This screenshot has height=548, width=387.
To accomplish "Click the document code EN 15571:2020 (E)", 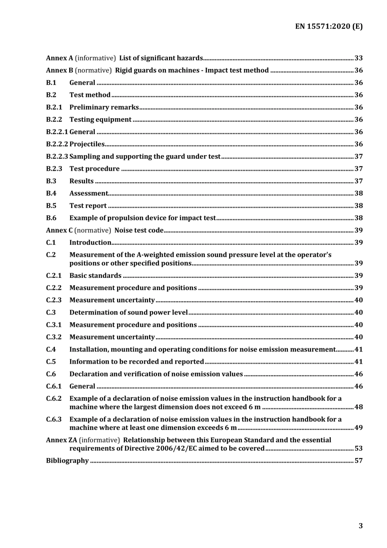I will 329,26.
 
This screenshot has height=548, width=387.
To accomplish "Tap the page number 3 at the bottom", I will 361,526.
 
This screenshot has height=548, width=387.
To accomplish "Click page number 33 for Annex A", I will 358,58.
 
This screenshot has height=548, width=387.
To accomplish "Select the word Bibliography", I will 67,461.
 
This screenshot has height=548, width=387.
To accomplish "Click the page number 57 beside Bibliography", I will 358,461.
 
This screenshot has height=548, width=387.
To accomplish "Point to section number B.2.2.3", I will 57,156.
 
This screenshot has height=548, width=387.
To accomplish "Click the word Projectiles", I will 87,144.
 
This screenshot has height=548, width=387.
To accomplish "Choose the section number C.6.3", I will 54,419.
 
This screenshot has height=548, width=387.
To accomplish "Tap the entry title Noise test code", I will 139,231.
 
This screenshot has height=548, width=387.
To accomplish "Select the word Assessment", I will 89,194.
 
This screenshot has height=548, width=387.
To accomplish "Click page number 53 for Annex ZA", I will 358,449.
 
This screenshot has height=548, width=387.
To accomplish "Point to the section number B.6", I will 51,218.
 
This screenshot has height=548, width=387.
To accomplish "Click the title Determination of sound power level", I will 128,313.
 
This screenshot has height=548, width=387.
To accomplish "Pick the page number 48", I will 358,407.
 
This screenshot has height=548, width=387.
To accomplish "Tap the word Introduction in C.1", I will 90,243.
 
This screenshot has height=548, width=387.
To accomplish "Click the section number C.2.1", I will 54,276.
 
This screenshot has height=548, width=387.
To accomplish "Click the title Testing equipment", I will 100,120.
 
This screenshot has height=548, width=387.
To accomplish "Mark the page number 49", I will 358,428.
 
